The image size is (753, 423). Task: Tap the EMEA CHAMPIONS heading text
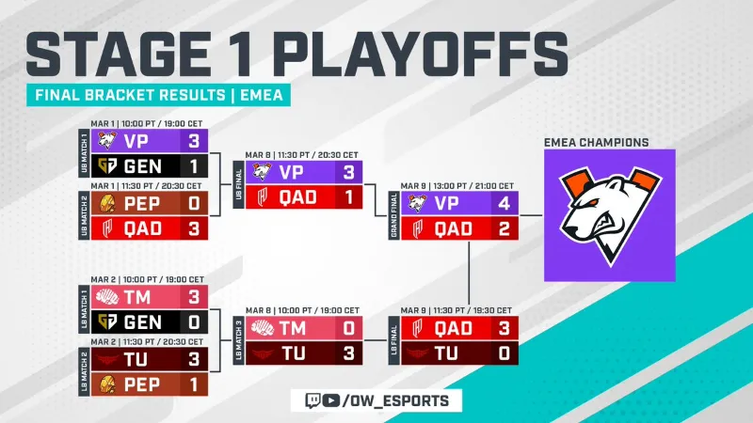coord(597,142)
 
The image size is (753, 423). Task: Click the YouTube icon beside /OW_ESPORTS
coord(329,400)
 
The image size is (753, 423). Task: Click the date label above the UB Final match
coord(301,153)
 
